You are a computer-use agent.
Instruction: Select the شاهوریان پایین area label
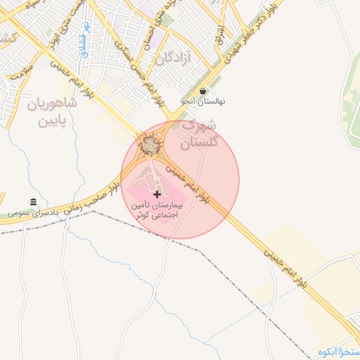[51, 114]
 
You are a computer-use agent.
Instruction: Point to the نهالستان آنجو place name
[203, 101]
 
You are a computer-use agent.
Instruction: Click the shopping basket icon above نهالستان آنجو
[203, 91]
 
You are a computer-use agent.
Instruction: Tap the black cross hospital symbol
[156, 193]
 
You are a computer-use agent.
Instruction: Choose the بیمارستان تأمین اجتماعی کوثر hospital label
[156, 211]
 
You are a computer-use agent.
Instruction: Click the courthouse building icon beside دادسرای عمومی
[33, 202]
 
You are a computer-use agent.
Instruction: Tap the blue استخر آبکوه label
[339, 352]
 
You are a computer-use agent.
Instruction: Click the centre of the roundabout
[150, 146]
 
